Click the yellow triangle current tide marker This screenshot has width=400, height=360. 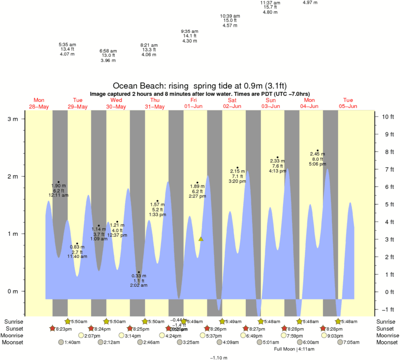(201, 239)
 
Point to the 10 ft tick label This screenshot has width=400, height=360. (387, 117)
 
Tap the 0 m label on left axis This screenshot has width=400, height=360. (12, 291)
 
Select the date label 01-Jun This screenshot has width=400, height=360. (194, 107)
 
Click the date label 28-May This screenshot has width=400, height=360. (39, 107)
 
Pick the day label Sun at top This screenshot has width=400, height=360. (271, 100)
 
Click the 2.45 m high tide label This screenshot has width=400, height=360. (318, 154)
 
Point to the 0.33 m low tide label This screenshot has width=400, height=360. (139, 276)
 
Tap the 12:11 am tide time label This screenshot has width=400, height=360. (59, 195)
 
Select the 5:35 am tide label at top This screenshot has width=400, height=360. (67, 44)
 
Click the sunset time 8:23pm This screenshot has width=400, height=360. (65, 329)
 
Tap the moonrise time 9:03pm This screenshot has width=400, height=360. (335, 335)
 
